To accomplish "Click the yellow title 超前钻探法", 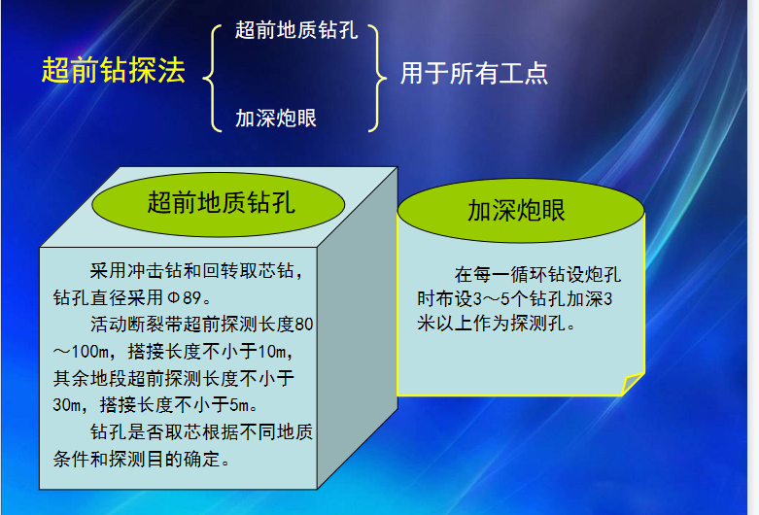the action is [x=114, y=70].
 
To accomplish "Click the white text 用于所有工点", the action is [x=474, y=74].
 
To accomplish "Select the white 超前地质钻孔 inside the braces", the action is [x=296, y=30].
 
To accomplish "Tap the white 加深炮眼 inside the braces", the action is [x=276, y=119].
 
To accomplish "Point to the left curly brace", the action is [x=212, y=78].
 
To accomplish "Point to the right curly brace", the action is [x=377, y=78].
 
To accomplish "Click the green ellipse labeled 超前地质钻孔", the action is [x=219, y=204].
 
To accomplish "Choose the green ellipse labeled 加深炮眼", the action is [x=521, y=211].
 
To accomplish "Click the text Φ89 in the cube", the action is [x=184, y=297].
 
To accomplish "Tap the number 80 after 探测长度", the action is [x=304, y=325].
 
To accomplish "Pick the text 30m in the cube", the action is [x=67, y=404].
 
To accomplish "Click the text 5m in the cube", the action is [x=239, y=404].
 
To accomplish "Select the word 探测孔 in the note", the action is [x=537, y=323].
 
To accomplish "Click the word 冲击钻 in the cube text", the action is [x=146, y=270].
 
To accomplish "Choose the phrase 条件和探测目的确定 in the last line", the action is [x=137, y=459].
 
